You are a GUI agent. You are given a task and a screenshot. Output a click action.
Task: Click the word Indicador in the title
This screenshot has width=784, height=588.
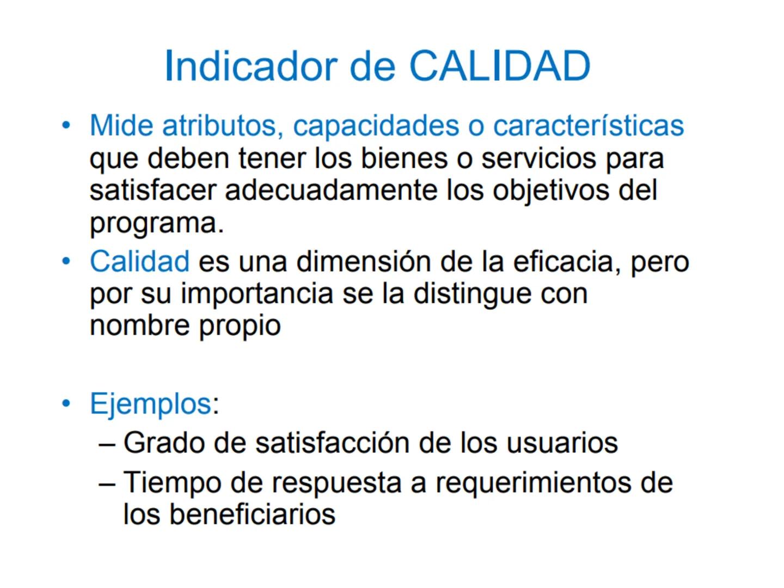point(251,66)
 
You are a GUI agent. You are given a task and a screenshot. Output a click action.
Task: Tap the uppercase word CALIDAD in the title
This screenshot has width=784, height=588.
point(499,66)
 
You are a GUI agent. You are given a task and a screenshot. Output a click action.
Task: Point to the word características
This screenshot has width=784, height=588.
point(588,126)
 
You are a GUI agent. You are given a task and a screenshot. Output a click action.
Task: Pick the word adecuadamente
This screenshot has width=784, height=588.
point(331,191)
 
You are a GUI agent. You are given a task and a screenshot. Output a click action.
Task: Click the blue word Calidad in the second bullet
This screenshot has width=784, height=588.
point(139,261)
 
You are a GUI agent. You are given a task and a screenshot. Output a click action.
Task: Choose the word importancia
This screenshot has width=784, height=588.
point(256,294)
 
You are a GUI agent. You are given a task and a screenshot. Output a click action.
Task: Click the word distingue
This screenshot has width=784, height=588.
point(472,294)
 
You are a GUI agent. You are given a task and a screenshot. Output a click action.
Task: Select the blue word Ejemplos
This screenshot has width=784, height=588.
point(150,404)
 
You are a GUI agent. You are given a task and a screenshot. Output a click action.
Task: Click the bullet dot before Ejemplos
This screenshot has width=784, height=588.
point(66,404)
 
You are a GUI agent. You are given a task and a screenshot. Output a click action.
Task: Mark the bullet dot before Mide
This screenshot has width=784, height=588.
point(66,126)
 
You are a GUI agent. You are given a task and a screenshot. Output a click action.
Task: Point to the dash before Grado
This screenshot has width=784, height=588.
point(107,443)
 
